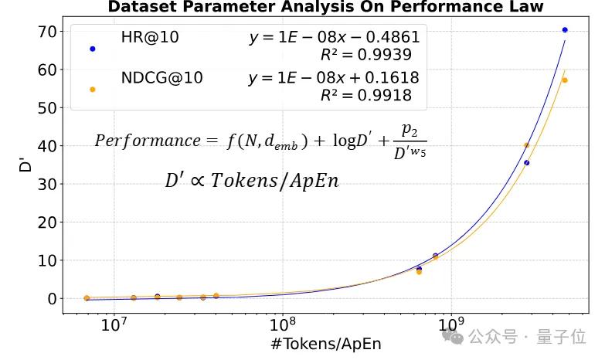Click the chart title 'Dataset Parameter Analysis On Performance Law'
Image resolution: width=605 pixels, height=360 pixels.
click(325, 7)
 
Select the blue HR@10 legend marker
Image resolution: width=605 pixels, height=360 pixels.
click(93, 49)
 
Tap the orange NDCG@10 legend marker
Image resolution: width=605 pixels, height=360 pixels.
click(93, 90)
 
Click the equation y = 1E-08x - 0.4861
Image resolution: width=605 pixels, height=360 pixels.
click(334, 38)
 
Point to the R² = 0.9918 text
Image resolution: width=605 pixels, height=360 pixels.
click(365, 96)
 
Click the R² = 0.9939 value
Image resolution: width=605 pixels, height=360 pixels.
click(365, 55)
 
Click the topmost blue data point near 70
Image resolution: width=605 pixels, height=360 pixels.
click(565, 30)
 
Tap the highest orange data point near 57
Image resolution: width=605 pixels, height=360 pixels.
click(565, 80)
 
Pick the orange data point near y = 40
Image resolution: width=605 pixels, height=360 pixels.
click(527, 145)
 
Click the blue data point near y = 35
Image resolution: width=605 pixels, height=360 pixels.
click(527, 163)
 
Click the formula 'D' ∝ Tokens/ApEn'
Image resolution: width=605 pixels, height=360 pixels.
click(252, 182)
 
